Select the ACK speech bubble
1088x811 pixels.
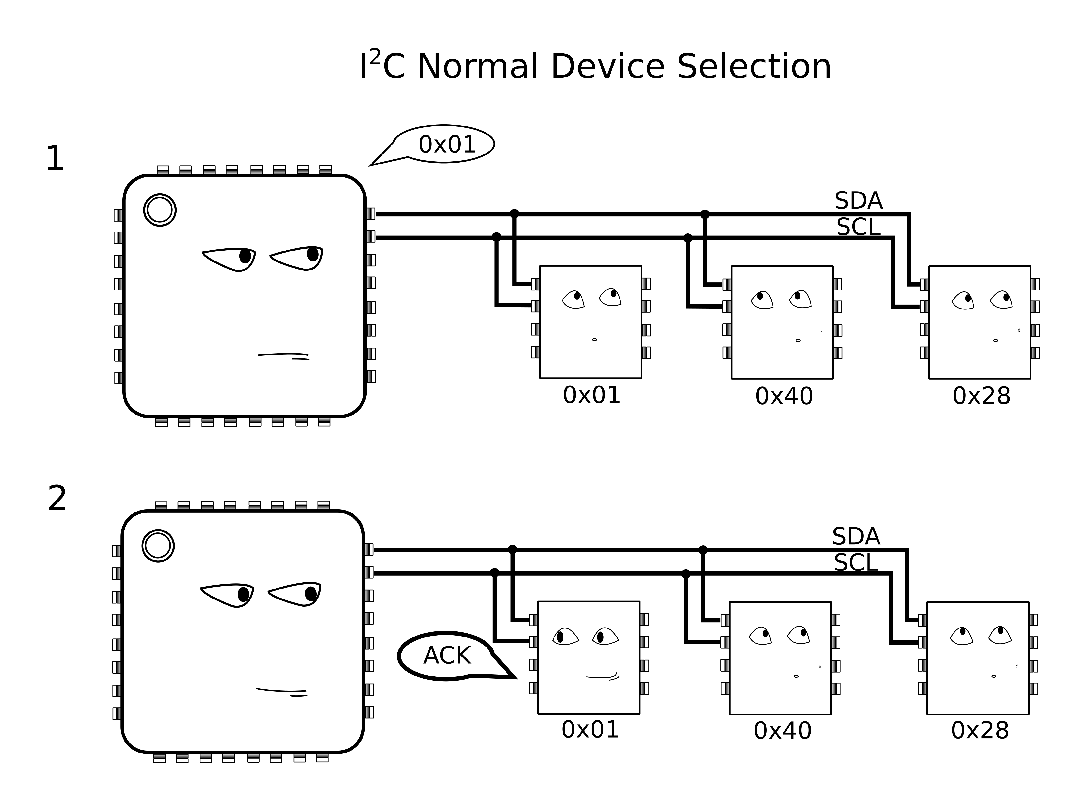(x=447, y=656)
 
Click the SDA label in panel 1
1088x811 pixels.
(x=858, y=201)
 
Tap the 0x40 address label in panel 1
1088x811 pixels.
(x=784, y=396)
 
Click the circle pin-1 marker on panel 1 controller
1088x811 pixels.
(x=160, y=210)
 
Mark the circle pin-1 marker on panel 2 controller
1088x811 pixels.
(x=158, y=546)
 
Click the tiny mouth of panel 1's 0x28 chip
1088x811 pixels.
(x=995, y=340)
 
